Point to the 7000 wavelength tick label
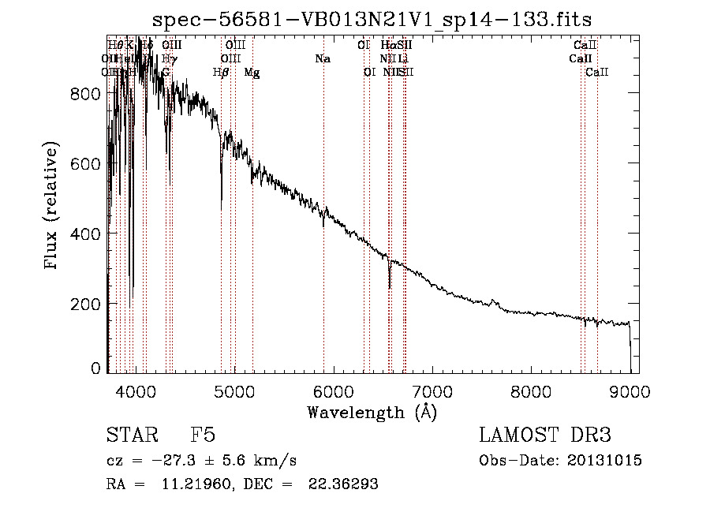432,391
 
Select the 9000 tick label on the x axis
630,391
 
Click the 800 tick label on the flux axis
84,93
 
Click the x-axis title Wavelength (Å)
372,412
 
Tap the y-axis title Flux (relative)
53,207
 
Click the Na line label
322,58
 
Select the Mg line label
252,73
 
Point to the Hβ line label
221,73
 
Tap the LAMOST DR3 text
545,435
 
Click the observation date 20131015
608,461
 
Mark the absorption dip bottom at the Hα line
390,287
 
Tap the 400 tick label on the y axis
84,234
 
